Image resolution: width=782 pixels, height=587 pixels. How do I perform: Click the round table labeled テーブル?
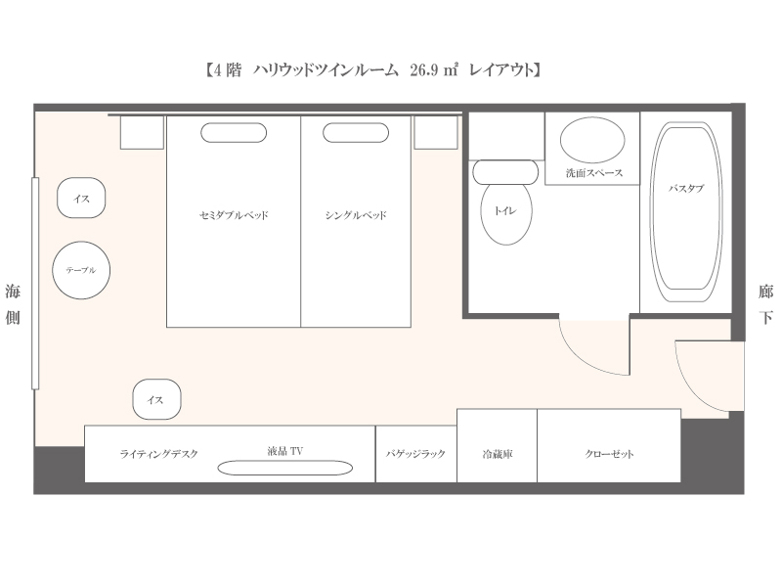tap(81, 270)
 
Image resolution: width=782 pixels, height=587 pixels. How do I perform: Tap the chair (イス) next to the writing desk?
tap(156, 399)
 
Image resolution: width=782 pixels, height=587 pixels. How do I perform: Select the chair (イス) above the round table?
tap(81, 198)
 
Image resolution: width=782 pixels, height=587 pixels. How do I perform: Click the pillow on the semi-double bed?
tap(234, 133)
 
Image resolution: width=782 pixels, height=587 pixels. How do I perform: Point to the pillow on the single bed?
tap(356, 133)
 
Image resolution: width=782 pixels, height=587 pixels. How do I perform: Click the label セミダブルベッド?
tap(234, 215)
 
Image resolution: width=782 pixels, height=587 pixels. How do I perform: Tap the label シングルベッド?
tap(356, 215)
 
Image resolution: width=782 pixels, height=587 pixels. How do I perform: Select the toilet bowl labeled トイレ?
tap(506, 213)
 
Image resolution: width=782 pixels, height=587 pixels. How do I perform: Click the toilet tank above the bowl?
tap(505, 172)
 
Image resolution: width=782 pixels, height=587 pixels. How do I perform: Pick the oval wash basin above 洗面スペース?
tap(592, 140)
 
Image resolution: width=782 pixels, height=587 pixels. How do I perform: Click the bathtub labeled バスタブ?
tap(686, 212)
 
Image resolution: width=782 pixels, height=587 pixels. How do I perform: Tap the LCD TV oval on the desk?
tap(285, 468)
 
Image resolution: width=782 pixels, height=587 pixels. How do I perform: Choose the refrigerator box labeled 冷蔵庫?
tap(498, 446)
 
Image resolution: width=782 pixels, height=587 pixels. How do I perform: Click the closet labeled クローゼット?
tap(609, 446)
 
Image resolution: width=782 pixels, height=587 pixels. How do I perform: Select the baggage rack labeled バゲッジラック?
tap(416, 454)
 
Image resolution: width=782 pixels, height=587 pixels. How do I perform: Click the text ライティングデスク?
tap(159, 454)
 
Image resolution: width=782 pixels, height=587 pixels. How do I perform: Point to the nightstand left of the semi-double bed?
tap(142, 132)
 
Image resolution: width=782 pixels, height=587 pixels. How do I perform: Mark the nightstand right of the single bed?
tap(436, 132)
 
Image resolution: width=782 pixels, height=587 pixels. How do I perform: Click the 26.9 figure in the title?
tap(424, 69)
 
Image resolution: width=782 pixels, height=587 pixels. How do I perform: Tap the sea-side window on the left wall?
tap(35, 283)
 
